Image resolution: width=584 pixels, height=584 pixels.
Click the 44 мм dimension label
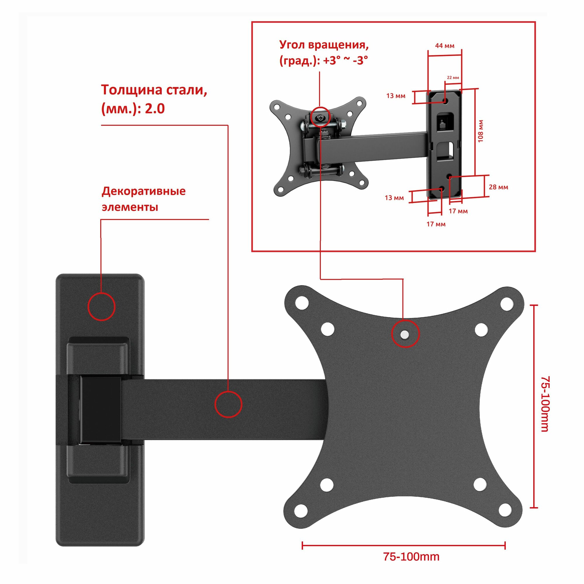point(444,46)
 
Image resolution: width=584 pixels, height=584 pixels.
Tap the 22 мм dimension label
point(453,78)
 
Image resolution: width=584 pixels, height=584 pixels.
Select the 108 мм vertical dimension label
point(480,131)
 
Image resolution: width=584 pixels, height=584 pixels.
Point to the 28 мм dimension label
point(498,187)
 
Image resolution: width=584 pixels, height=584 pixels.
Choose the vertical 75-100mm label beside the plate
point(545,404)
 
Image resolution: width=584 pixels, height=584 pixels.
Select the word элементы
point(130,207)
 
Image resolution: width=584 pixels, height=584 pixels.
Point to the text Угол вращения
point(324,45)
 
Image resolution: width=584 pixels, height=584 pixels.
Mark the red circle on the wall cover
point(102,307)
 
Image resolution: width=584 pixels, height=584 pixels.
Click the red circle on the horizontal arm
point(228,404)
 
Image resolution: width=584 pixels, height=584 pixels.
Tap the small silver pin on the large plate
point(404,334)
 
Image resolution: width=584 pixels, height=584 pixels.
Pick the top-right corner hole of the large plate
point(507,303)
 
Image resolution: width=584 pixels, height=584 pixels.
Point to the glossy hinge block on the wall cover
point(100,410)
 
